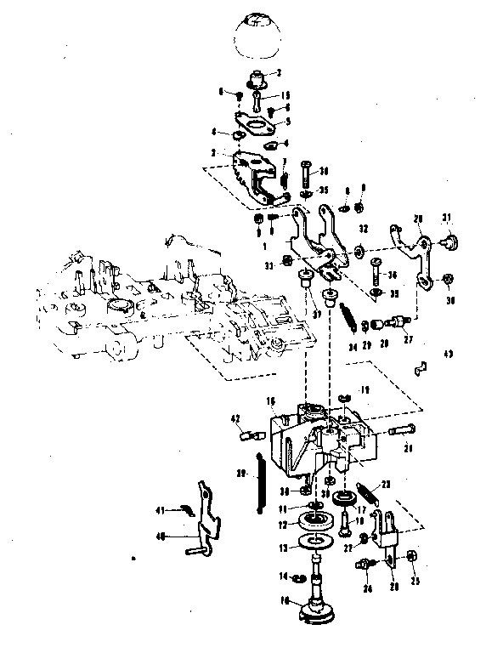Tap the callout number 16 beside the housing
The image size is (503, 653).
[269, 400]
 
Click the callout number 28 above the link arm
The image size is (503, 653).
[417, 219]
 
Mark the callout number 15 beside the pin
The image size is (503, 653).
[285, 95]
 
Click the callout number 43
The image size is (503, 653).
[449, 353]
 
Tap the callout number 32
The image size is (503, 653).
[363, 229]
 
